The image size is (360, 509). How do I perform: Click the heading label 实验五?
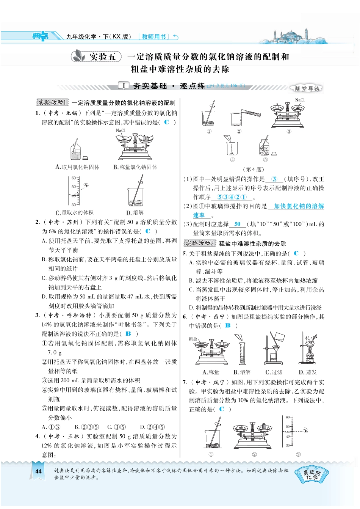click(102, 57)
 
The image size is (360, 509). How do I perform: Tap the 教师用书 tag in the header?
click(154, 37)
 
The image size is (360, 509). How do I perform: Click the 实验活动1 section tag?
click(52, 102)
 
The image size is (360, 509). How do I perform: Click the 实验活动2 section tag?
click(199, 243)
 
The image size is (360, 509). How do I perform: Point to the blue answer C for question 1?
click(166, 122)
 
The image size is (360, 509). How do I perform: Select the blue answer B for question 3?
click(128, 334)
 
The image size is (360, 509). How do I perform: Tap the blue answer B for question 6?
click(228, 325)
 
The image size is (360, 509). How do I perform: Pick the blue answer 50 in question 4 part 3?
click(237, 224)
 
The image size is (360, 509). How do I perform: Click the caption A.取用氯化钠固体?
click(77, 167)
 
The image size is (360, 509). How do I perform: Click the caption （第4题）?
click(254, 169)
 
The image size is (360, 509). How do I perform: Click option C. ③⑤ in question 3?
click(116, 427)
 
